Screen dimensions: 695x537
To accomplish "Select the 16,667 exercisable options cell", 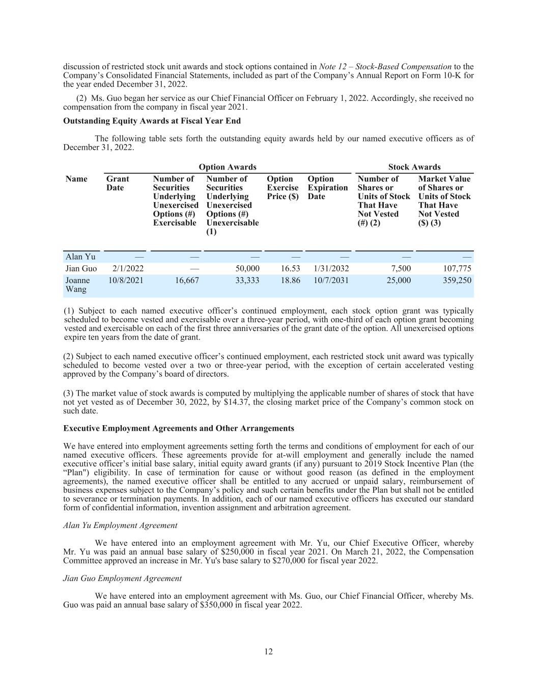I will tap(186, 280).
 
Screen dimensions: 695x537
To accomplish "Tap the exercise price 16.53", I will tap(290, 268).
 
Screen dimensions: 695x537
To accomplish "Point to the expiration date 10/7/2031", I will tap(331, 280).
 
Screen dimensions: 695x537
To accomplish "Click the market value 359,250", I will tap(456, 280).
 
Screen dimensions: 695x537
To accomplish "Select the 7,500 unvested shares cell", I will tap(401, 268).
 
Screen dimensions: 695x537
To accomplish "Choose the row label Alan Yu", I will tap(80, 257).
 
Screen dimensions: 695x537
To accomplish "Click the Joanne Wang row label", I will tap(77, 285).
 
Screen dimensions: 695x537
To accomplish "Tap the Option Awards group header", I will tap(228, 167).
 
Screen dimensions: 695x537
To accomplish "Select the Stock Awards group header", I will tap(414, 167).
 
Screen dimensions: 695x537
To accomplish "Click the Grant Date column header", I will tap(118, 183).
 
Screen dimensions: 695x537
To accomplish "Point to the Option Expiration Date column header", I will tap(328, 187).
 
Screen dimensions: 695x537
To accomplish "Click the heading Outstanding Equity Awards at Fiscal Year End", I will tap(152, 121).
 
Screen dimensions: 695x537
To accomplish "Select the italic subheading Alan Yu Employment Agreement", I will tap(120, 525).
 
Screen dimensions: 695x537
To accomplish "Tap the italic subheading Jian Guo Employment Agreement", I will tap(122, 578).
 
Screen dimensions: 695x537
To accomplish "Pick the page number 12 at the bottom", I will tap(268, 652).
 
